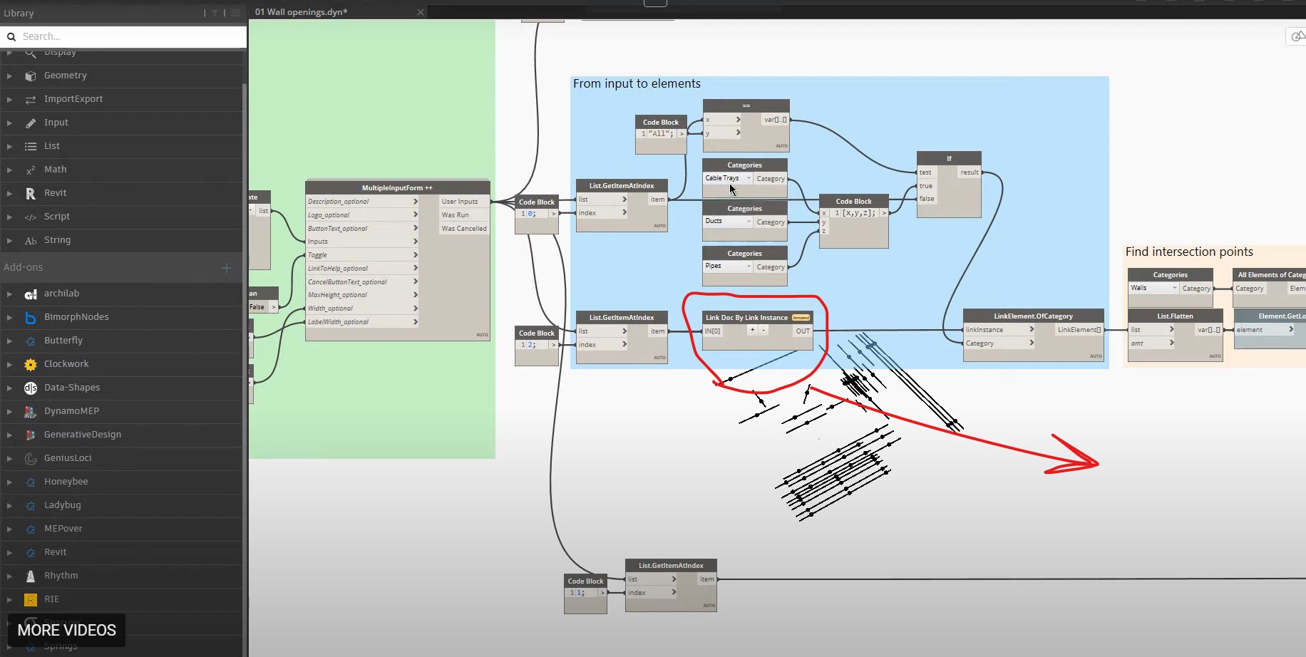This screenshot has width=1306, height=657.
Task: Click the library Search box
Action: pyautogui.click(x=128, y=36)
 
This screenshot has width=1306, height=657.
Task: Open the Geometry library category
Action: pyautogui.click(x=65, y=76)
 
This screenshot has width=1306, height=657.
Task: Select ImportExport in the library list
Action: pyautogui.click(x=73, y=99)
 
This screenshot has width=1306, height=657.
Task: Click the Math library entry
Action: pyautogui.click(x=55, y=170)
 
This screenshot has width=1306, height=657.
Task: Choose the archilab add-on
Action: pyautogui.click(x=61, y=294)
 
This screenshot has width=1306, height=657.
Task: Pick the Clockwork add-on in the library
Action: pyautogui.click(x=66, y=364)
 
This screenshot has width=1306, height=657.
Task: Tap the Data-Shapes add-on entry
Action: pyautogui.click(x=71, y=388)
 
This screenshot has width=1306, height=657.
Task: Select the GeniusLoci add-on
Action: pyautogui.click(x=68, y=458)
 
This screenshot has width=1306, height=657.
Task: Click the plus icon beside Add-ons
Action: pyautogui.click(x=227, y=268)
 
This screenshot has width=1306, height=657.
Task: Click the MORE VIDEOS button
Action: pyautogui.click(x=66, y=630)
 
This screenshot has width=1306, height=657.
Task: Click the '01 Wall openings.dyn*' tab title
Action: pyautogui.click(x=302, y=12)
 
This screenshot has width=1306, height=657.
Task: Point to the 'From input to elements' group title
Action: pyautogui.click(x=637, y=84)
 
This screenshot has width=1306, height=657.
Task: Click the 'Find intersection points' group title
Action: pyautogui.click(x=1188, y=252)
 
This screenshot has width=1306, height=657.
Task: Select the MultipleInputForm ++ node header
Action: pyautogui.click(x=397, y=188)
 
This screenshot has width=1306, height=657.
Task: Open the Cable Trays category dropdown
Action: pyautogui.click(x=728, y=178)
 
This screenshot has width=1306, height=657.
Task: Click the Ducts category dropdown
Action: pyautogui.click(x=728, y=222)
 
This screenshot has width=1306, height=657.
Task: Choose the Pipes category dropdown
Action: pyautogui.click(x=728, y=267)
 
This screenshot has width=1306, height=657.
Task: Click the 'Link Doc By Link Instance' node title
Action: pyautogui.click(x=746, y=318)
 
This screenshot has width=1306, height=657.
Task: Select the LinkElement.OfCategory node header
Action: pyautogui.click(x=1033, y=316)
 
